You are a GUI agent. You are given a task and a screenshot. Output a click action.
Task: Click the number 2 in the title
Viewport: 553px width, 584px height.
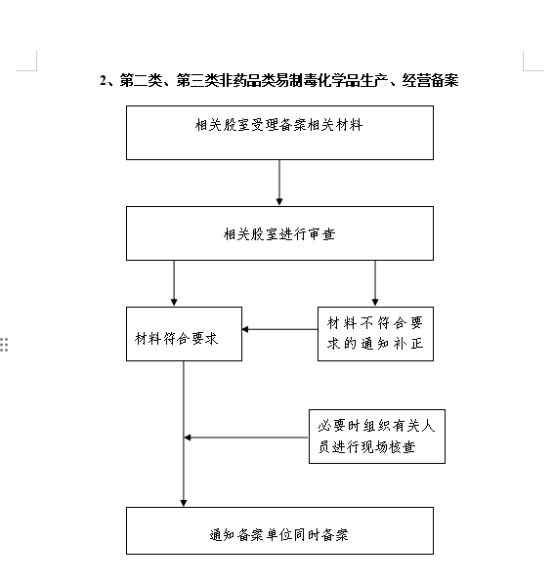point(103,80)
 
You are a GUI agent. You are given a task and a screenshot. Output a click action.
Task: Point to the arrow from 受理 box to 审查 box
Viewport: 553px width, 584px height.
point(279,183)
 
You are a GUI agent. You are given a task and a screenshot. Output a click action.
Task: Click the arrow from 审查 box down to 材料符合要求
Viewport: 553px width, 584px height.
point(174,283)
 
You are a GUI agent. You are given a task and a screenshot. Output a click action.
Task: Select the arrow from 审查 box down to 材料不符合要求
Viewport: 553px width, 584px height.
point(375,283)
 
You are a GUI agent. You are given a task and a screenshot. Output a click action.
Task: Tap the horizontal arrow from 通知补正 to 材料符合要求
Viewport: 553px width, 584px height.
point(279,330)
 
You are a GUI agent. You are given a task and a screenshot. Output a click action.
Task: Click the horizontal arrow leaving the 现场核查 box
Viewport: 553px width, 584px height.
point(246,438)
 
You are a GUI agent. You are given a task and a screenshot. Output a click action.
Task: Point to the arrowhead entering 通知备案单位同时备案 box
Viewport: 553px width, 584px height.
point(184,503)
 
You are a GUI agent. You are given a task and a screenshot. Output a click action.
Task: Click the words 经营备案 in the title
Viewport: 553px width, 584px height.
point(430,80)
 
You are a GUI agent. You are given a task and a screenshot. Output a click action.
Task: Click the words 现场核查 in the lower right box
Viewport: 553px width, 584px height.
point(388,447)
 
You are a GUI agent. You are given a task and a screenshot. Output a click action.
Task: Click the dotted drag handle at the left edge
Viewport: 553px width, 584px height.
point(4,345)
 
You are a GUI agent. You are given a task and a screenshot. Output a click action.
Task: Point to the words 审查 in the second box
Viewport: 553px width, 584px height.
point(322,234)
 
